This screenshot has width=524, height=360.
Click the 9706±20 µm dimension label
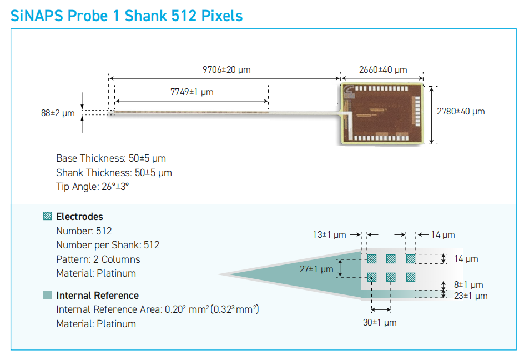click(226, 69)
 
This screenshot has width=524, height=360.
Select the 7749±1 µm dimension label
click(192, 92)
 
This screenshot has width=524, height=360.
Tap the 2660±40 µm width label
click(383, 69)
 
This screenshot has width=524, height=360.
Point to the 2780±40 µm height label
click(461, 112)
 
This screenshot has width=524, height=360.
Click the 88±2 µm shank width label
click(58, 113)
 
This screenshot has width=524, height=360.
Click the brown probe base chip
click(382, 114)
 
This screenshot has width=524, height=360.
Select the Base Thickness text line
click(111, 158)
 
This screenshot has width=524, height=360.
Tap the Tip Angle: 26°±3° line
click(93, 186)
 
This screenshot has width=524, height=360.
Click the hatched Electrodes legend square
click(47, 216)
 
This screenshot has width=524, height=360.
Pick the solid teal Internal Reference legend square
click(47, 295)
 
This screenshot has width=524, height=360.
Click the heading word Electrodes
click(79, 217)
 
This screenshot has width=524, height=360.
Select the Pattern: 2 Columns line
click(98, 259)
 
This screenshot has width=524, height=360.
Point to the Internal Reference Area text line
click(158, 309)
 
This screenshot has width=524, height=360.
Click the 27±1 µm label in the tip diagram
click(316, 269)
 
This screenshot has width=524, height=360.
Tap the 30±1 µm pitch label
click(380, 323)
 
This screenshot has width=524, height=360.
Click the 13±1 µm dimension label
click(329, 234)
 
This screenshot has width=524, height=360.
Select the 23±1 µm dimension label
click(471, 296)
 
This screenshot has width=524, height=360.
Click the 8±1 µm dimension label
click(468, 284)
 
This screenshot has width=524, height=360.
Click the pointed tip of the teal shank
click(219, 274)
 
